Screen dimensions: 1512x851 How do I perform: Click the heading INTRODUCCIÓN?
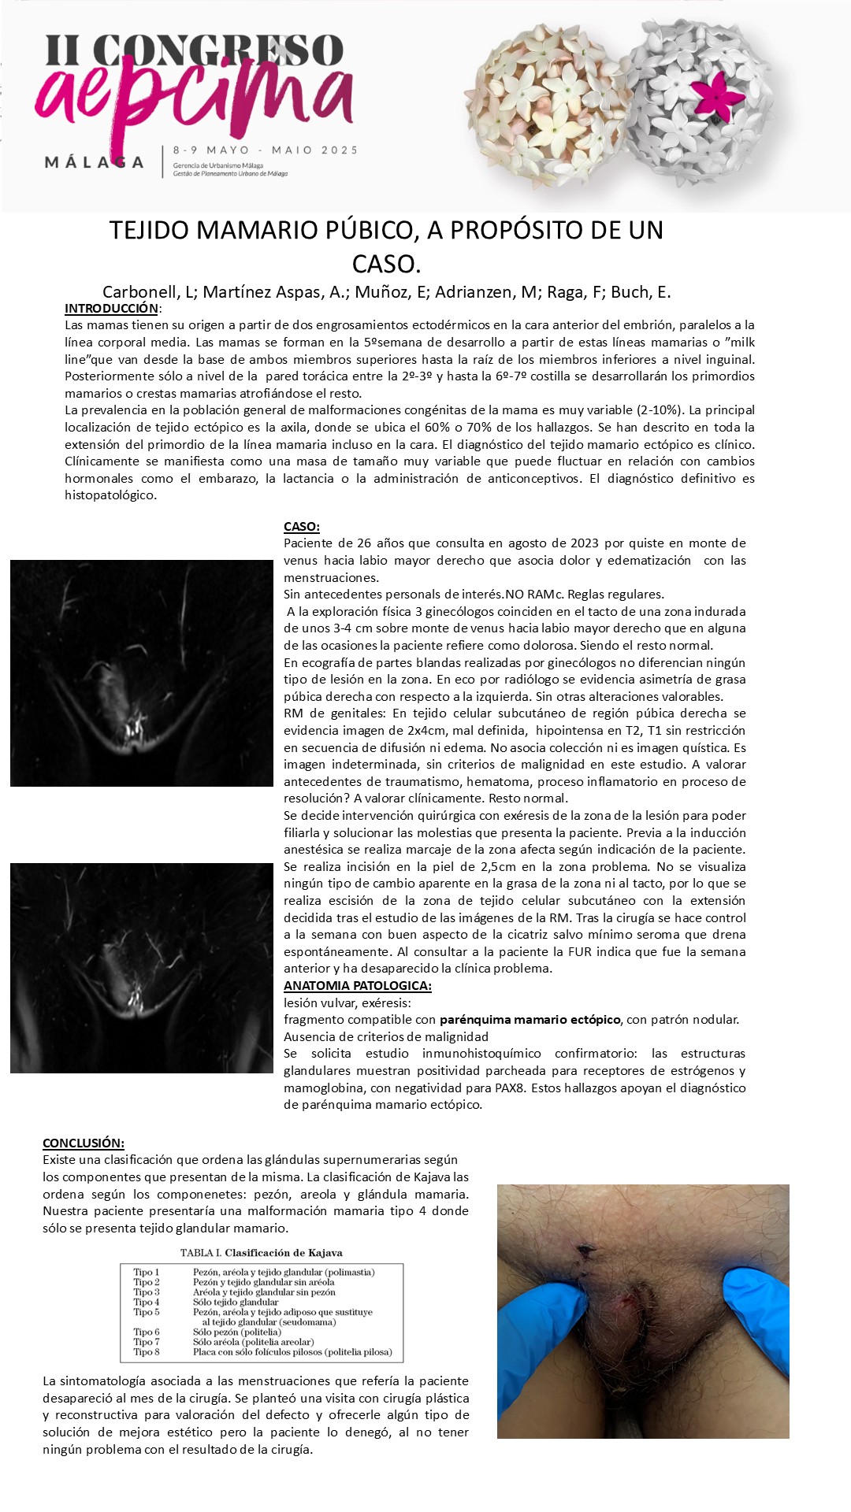pyautogui.click(x=111, y=309)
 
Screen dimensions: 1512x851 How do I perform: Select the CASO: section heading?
pyautogui.click(x=301, y=527)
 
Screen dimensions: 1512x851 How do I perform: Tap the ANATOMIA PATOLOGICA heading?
pyautogui.click(x=357, y=986)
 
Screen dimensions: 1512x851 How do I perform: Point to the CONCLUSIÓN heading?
pyautogui.click(x=83, y=1143)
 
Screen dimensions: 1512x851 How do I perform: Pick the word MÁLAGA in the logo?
pyautogui.click(x=95, y=163)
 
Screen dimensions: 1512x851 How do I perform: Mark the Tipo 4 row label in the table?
pyautogui.click(x=147, y=1302)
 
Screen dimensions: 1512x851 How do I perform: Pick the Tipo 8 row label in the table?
pyautogui.click(x=147, y=1352)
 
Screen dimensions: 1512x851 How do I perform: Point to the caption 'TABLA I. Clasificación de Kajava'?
pyautogui.click(x=261, y=1252)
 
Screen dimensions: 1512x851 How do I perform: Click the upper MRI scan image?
pyautogui.click(x=142, y=673)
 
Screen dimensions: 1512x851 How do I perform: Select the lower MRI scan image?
pyautogui.click(x=142, y=968)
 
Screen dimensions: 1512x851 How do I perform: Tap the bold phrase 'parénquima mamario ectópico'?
pyautogui.click(x=530, y=1020)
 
